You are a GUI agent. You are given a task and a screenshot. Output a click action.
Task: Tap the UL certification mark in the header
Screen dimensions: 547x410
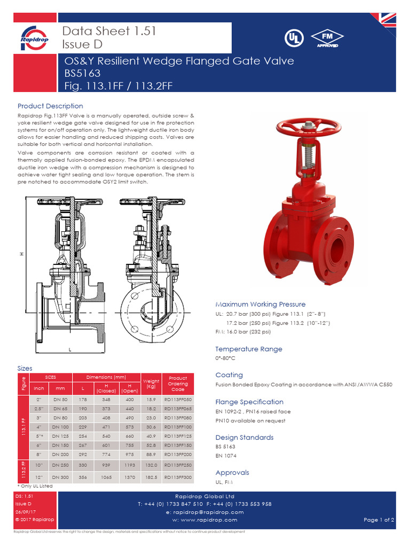[x=293, y=38]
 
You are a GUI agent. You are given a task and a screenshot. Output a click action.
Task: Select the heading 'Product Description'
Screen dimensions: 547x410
[x=50, y=106]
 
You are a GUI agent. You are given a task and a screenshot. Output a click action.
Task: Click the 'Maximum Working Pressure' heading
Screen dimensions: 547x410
[x=261, y=304]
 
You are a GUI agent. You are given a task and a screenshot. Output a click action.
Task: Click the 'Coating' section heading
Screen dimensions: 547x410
[x=229, y=375]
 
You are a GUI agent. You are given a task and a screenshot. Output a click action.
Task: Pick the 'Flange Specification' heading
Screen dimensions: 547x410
[x=249, y=402]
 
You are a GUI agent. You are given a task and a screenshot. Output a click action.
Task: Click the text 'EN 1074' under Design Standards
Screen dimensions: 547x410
[x=226, y=456]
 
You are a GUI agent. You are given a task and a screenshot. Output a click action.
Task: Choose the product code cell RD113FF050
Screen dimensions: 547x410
[x=178, y=399]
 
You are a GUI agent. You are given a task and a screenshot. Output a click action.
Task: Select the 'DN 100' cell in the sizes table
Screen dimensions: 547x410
[x=60, y=427]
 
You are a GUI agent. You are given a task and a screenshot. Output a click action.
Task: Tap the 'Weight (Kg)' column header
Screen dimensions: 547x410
[x=151, y=384]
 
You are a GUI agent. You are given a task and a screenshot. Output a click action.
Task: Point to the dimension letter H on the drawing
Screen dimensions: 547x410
[x=22, y=254]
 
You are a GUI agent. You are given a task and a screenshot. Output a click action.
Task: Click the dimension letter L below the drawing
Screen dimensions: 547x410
[x=70, y=349]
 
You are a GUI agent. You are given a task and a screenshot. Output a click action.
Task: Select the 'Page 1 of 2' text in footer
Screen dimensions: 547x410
[x=379, y=520]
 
